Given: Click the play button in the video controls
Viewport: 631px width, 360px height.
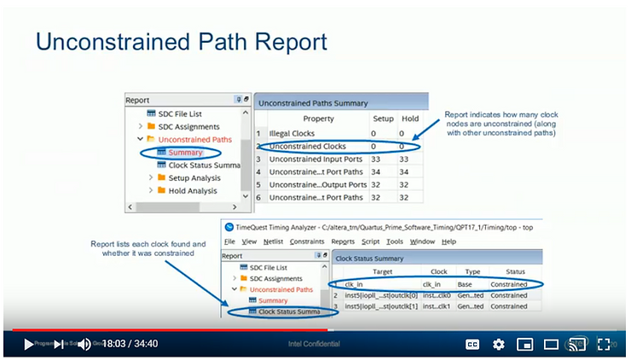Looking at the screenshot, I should tap(29, 344).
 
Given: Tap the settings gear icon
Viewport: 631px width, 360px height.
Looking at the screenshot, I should tap(499, 344).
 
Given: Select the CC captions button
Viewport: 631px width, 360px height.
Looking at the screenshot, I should tap(472, 344).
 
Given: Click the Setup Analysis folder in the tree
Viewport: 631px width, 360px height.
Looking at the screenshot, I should tap(194, 177).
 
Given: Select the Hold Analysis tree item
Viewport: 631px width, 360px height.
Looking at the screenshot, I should tap(193, 191).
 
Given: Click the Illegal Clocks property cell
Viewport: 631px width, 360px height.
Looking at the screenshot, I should tap(292, 134).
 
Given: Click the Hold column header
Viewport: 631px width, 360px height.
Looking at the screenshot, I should tap(408, 119).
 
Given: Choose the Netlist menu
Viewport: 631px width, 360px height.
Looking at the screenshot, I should tap(272, 241).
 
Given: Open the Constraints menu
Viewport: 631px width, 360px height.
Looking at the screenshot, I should tap(306, 241).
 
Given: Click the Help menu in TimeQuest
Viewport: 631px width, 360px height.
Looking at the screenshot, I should tap(449, 241).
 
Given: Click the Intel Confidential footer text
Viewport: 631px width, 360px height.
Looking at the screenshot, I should tap(315, 344).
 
